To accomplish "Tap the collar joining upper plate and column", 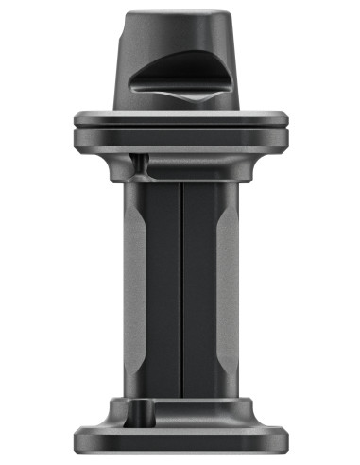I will pyautogui.click(x=180, y=168).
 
